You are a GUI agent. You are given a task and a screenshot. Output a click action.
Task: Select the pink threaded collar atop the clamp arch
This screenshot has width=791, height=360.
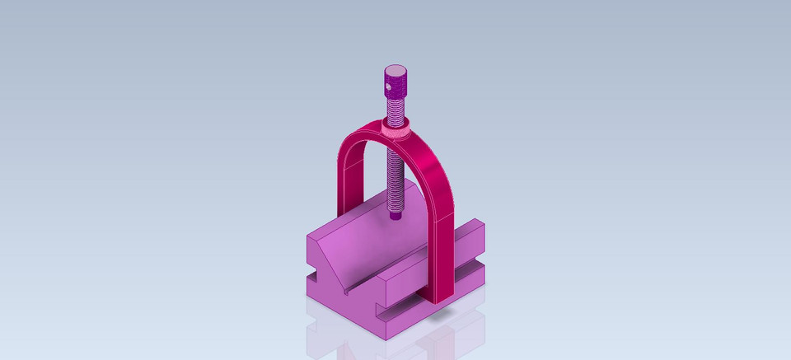[396, 129]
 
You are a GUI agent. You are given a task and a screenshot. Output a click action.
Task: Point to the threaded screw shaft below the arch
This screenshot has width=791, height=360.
[396, 177]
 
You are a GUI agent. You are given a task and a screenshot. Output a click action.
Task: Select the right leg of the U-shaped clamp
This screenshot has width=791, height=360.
[442, 247]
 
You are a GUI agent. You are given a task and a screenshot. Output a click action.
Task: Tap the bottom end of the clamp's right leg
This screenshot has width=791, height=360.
[442, 299]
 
